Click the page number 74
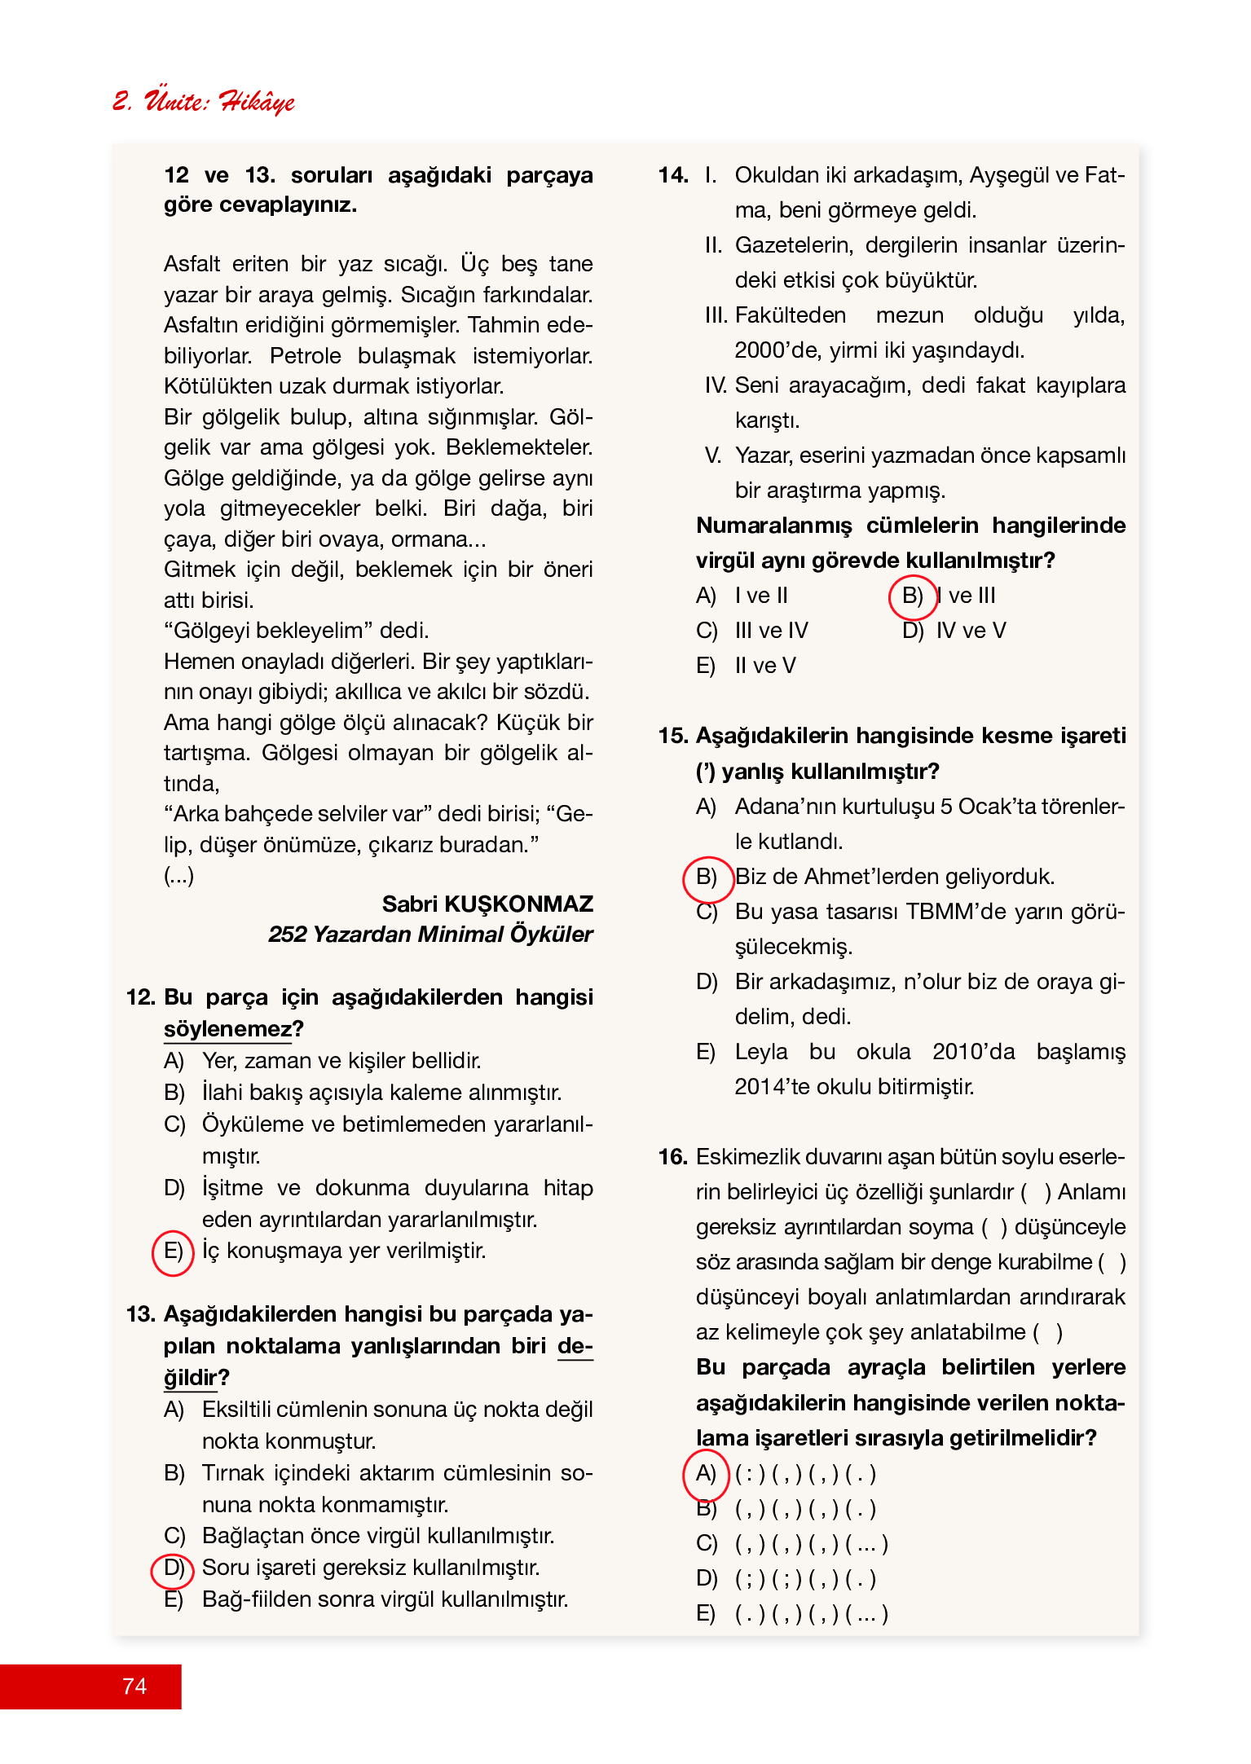click(134, 1686)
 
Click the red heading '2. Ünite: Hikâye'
click(203, 101)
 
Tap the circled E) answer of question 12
click(173, 1252)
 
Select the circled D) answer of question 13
click(173, 1568)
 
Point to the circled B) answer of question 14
click(912, 596)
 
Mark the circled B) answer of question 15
click(706, 878)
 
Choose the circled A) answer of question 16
click(705, 1474)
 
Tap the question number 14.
click(673, 176)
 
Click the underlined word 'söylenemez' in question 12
click(227, 1029)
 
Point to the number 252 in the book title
click(287, 935)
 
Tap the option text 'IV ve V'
click(971, 631)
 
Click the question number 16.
click(673, 1158)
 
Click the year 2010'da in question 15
click(973, 1052)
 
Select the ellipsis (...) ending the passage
click(179, 876)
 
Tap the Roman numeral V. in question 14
click(713, 456)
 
